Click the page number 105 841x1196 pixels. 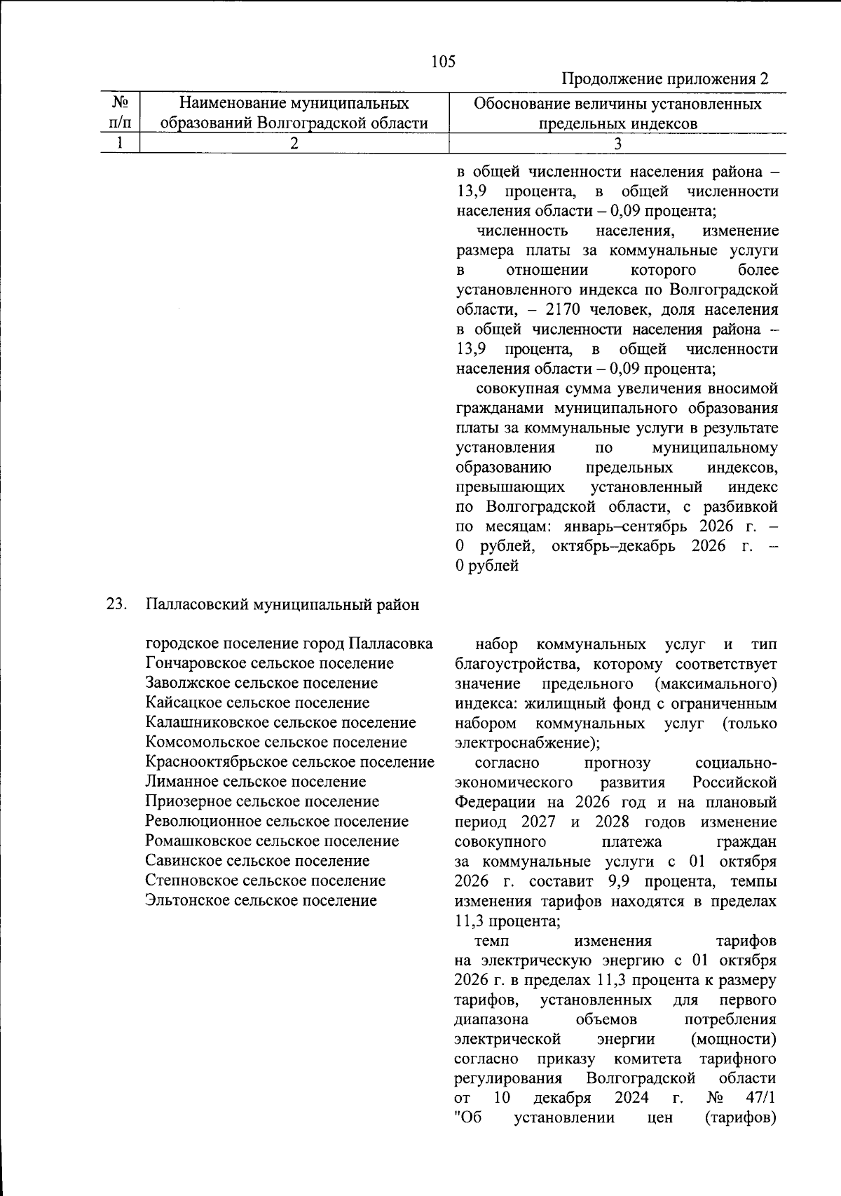pyautogui.click(x=443, y=61)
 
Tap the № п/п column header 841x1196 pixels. pyautogui.click(x=121, y=113)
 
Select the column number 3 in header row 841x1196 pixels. pyautogui.click(x=617, y=144)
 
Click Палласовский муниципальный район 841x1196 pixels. pyautogui.click(x=282, y=604)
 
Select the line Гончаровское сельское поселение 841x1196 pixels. pyautogui.click(x=269, y=663)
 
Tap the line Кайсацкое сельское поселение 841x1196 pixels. pyautogui.click(x=257, y=702)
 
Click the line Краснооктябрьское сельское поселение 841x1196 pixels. pyautogui.click(x=289, y=762)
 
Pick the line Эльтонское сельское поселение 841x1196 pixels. pyautogui.click(x=261, y=900)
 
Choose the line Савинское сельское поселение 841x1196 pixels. pyautogui.click(x=257, y=860)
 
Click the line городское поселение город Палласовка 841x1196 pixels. pyautogui.click(x=289, y=644)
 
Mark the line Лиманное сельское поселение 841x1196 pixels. pyautogui.click(x=255, y=782)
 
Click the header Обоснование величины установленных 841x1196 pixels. pyautogui.click(x=617, y=104)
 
